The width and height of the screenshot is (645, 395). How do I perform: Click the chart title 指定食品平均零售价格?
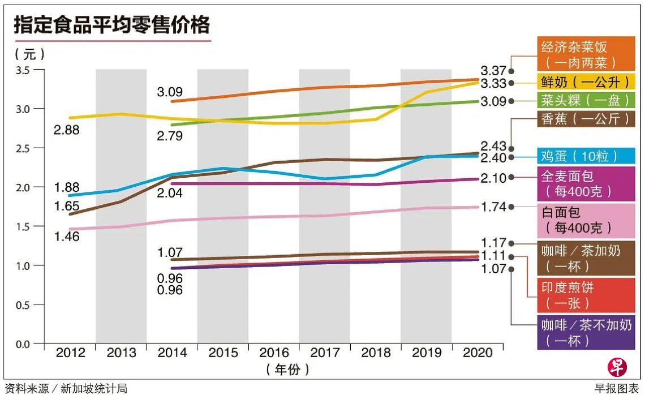111,25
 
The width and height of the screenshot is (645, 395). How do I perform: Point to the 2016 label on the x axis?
274,353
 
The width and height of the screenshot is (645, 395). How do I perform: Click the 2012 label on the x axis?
70,353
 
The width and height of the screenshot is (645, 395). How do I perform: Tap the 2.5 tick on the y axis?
24,148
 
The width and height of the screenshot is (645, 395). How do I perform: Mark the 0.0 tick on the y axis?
24,344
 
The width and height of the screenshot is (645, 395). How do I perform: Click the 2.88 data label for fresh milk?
67,130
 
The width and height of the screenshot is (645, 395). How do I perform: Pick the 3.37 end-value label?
493,71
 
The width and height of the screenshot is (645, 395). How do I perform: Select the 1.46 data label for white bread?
67,236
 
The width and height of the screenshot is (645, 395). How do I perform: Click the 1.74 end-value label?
493,207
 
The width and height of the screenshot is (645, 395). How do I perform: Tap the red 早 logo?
618,367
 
